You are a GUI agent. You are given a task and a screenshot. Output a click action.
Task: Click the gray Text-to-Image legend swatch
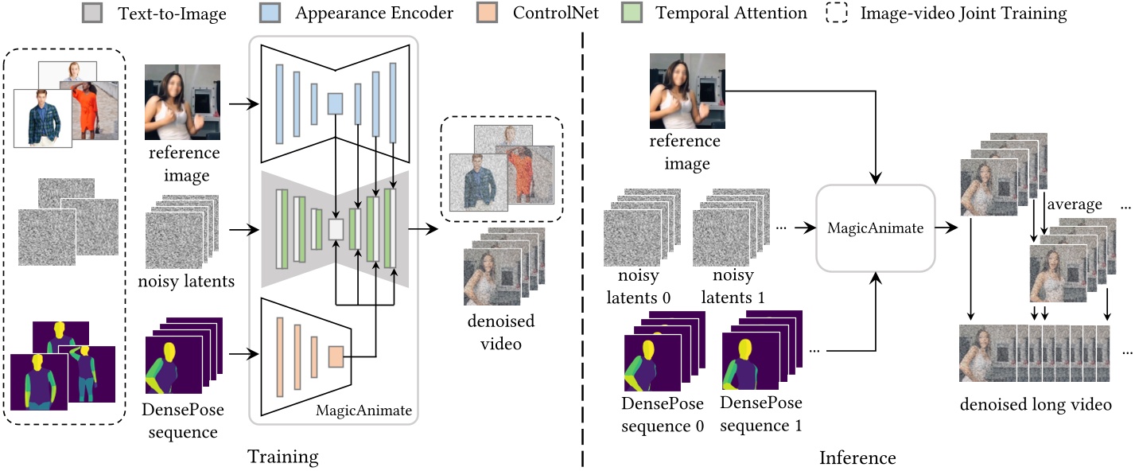pyautogui.click(x=91, y=13)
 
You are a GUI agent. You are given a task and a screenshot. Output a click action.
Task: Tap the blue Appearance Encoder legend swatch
pyautogui.click(x=270, y=13)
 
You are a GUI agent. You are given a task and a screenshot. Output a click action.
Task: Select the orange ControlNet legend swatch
pyautogui.click(x=487, y=13)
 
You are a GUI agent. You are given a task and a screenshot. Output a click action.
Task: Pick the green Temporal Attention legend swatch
pyautogui.click(x=632, y=13)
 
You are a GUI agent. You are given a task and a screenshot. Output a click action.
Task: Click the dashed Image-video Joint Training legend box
pyautogui.click(x=837, y=13)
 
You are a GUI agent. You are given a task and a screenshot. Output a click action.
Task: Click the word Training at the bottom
pyautogui.click(x=282, y=457)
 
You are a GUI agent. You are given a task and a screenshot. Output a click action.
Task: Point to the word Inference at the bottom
pyautogui.click(x=857, y=457)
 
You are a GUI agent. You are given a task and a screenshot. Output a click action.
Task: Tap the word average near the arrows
pyautogui.click(x=1075, y=204)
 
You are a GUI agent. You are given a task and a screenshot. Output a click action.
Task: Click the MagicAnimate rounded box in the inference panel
pyautogui.click(x=875, y=228)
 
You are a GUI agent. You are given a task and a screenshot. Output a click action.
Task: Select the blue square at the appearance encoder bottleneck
pyautogui.click(x=335, y=104)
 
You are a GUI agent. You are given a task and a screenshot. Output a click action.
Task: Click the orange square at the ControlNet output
pyautogui.click(x=336, y=356)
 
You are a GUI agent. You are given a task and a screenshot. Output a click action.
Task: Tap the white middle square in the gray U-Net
pyautogui.click(x=336, y=229)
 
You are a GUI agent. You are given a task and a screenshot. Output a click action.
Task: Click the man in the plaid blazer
pyautogui.click(x=43, y=119)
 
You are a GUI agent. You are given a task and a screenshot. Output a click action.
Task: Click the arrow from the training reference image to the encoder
pyautogui.click(x=243, y=104)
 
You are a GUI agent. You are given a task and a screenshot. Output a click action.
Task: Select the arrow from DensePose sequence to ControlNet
pyautogui.click(x=243, y=353)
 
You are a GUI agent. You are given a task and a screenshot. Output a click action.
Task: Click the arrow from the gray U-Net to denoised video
pyautogui.click(x=423, y=229)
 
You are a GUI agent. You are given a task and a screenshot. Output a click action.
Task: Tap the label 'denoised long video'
pyautogui.click(x=1036, y=404)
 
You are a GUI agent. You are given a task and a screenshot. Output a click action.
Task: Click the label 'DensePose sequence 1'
pyautogui.click(x=761, y=414)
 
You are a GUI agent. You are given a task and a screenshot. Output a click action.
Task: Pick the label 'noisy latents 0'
pyautogui.click(x=639, y=286)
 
